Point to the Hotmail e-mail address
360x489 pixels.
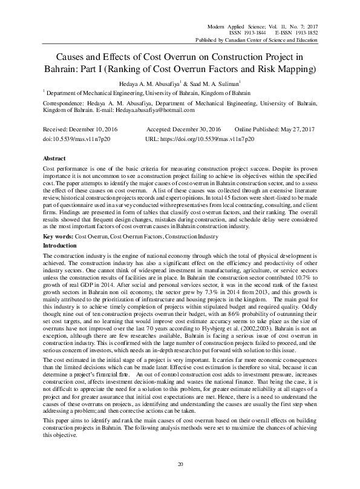(x=160, y=110)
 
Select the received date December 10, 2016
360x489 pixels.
(x=88, y=130)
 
